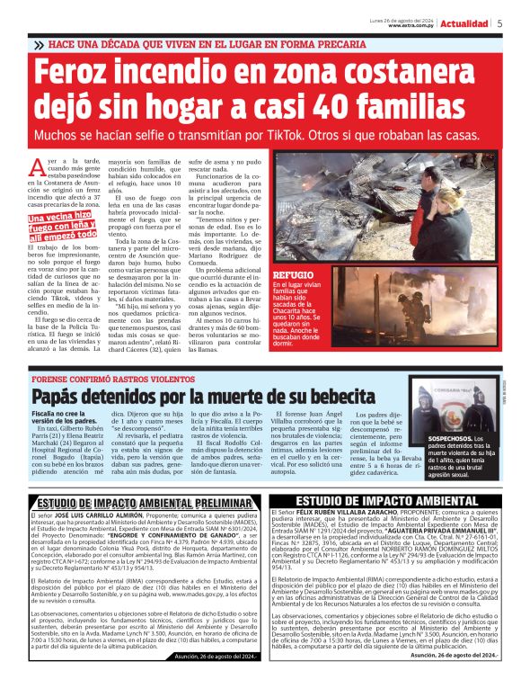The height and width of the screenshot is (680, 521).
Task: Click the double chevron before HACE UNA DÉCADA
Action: coord(38,44)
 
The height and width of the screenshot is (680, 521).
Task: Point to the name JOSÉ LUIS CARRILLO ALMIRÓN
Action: coord(93,516)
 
